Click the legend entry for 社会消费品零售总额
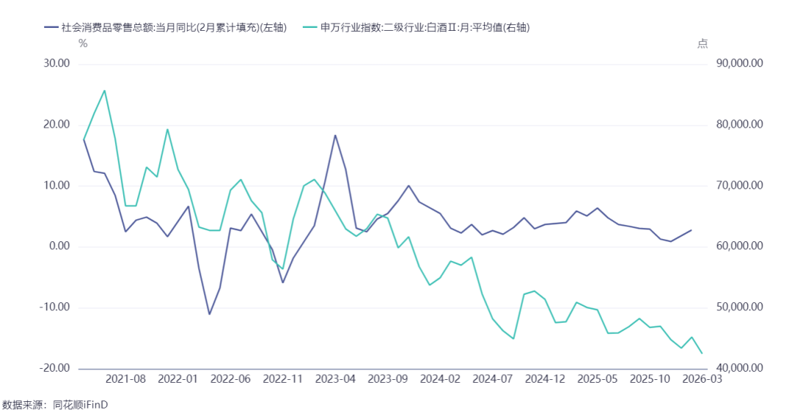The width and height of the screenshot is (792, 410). pos(166,29)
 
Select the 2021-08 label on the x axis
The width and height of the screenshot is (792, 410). pos(125,380)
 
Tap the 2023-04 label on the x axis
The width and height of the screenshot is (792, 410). pos(335,380)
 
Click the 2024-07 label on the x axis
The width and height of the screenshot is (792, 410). pos(492,380)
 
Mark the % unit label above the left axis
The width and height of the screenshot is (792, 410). pos(83,43)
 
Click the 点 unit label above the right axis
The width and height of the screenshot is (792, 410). pos(703,43)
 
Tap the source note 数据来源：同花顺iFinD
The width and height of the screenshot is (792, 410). pos(54,404)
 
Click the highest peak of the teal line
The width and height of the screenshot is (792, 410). pos(105,91)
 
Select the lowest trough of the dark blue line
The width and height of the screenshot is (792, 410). pos(209,314)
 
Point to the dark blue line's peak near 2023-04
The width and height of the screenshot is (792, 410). pos(335,135)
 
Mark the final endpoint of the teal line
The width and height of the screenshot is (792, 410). pos(702,353)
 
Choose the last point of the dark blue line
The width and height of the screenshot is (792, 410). pos(691,230)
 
